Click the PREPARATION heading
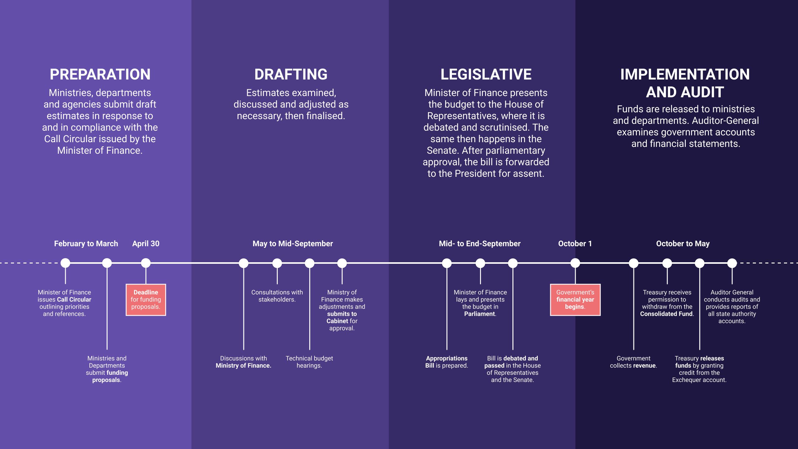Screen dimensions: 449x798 [100, 75]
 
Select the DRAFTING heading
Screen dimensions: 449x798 [291, 75]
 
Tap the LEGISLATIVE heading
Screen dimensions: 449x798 [486, 75]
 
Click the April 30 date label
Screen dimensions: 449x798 [146, 244]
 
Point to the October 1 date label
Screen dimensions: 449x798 [575, 244]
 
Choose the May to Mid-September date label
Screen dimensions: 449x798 [293, 244]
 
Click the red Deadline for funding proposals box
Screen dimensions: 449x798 [146, 300]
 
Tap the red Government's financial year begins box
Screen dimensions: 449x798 [575, 300]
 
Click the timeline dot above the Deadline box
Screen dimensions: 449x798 [146, 263]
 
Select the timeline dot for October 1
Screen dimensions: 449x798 [575, 263]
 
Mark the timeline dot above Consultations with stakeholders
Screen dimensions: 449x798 [277, 263]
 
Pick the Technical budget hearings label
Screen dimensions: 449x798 [309, 362]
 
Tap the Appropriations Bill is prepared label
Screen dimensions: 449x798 [447, 362]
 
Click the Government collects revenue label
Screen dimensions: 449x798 [633, 362]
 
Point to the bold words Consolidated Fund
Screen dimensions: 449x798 [666, 314]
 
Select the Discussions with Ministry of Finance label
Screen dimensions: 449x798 [243, 362]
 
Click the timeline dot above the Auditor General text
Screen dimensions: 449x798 [732, 263]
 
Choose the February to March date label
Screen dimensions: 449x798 [86, 244]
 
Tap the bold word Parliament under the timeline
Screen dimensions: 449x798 [479, 314]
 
